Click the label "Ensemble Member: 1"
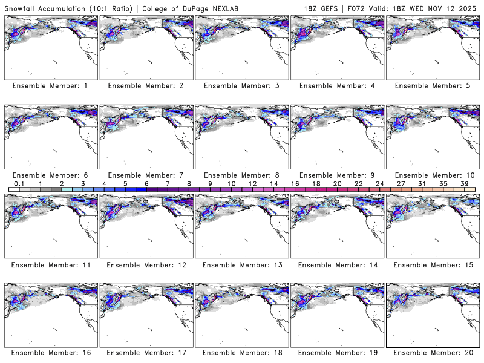point(50,86)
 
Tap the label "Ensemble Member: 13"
point(241,265)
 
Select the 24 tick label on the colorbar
point(379,183)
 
